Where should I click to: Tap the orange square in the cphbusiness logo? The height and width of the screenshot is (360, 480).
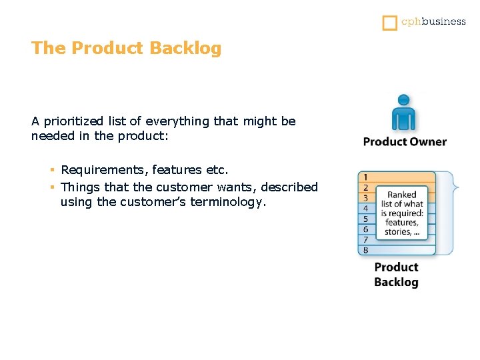(389, 23)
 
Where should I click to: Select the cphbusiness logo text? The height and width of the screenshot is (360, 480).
(433, 21)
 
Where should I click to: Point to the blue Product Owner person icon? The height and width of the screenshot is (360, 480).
(403, 113)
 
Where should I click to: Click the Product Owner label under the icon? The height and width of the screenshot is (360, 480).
(405, 141)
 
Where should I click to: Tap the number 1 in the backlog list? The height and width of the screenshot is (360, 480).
(365, 177)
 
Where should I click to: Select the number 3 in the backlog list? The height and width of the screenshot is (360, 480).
(365, 198)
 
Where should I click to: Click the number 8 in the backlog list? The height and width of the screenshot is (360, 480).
(365, 251)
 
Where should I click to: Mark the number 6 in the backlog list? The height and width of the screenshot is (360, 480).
(365, 229)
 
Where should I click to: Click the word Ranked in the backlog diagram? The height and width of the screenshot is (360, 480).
(402, 195)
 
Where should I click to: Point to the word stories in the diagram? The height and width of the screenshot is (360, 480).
(397, 233)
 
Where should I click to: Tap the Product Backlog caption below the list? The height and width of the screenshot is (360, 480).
(396, 275)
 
